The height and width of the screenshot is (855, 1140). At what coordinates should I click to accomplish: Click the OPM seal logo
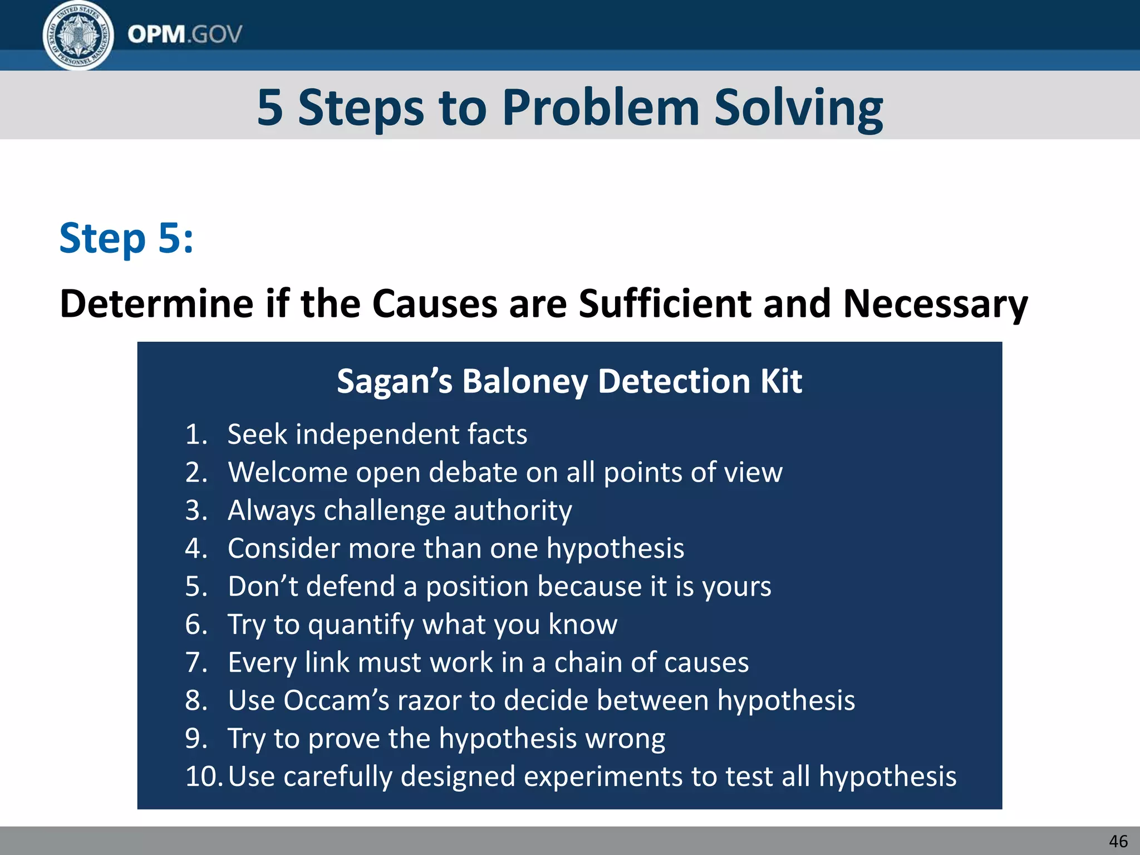click(x=78, y=36)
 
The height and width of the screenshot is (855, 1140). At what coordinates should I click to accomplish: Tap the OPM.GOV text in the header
click(x=185, y=35)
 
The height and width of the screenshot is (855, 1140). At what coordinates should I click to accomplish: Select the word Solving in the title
click(x=798, y=108)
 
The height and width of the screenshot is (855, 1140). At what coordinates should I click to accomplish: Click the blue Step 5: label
click(x=126, y=238)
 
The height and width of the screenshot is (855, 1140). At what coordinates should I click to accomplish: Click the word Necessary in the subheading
click(x=935, y=304)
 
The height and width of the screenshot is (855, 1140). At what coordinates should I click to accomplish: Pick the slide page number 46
click(x=1118, y=841)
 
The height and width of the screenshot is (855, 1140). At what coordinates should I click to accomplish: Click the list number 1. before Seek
click(x=196, y=435)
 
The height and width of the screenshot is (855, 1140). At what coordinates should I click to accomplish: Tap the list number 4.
click(x=196, y=549)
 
